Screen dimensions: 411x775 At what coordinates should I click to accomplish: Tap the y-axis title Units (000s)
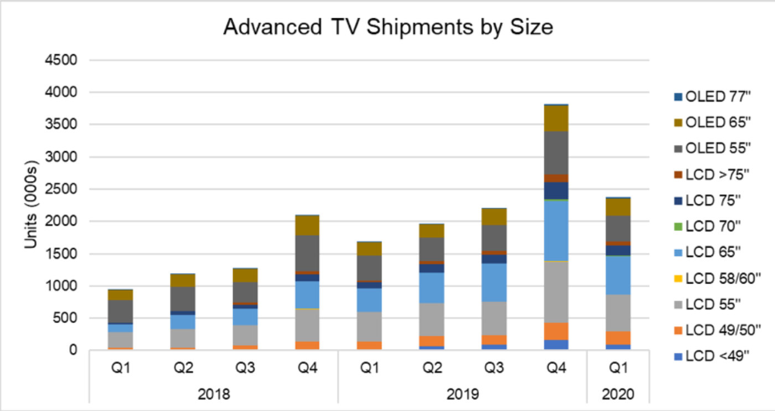click(x=32, y=205)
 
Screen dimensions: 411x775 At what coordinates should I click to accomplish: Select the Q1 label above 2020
click(x=618, y=368)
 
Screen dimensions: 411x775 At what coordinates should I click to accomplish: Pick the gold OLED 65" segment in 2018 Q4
click(x=307, y=225)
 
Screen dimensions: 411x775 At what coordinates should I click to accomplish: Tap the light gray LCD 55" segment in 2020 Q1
click(x=618, y=313)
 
